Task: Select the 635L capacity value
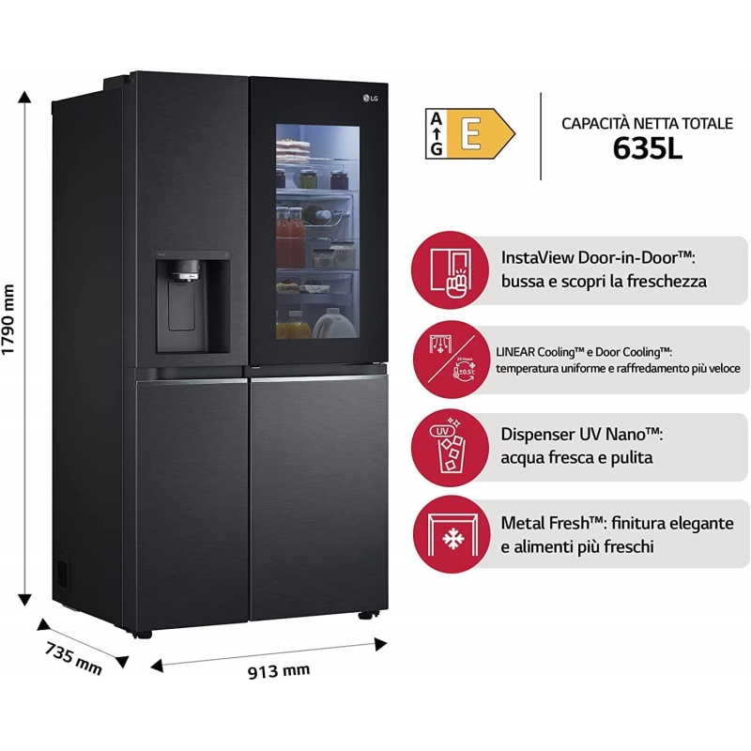click(647, 148)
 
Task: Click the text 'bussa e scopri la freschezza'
click(604, 281)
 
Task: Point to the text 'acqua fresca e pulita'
click(576, 458)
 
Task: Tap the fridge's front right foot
click(366, 616)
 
